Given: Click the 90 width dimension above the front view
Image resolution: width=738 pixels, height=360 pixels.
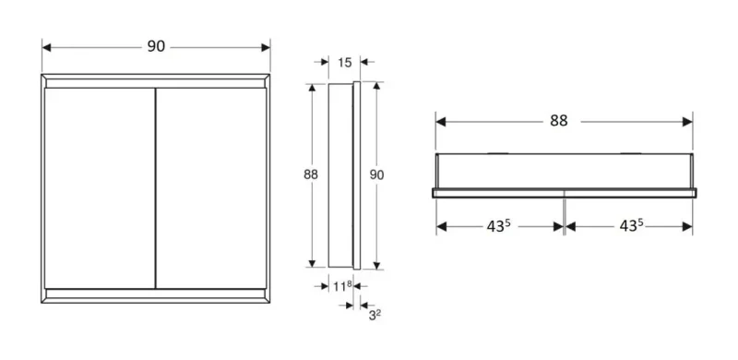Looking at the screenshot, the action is click(x=156, y=46).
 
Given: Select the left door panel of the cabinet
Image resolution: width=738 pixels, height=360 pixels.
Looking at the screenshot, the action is click(x=100, y=188).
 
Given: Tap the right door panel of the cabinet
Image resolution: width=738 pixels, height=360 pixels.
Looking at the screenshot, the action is click(x=211, y=188).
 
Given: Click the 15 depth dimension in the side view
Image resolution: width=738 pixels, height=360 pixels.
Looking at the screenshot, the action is click(x=344, y=62).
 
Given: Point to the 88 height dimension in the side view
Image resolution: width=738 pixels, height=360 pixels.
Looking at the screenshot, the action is click(x=311, y=174).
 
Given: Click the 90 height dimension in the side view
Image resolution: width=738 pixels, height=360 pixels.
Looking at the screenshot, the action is click(x=376, y=174).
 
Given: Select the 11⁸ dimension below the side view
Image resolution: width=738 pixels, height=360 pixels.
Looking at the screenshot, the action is click(x=342, y=286).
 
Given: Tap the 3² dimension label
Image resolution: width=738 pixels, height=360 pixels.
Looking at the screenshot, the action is click(x=375, y=315).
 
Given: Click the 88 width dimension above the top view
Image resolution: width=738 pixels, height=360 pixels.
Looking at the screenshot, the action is click(x=559, y=121).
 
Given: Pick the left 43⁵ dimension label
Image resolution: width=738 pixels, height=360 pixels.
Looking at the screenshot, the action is click(x=499, y=226).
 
